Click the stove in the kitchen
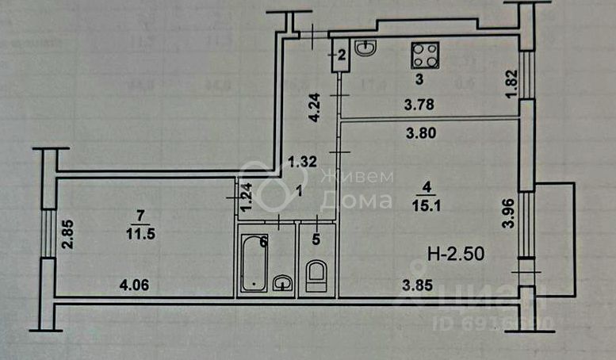pos(424,55)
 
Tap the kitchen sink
pos(365,49)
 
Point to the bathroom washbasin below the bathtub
pos(281,282)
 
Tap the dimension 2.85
pos(69,234)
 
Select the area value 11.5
pos(140,234)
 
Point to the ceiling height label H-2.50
pos(455,255)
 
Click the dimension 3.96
pos(510,214)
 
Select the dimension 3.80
pos(422,133)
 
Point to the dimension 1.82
pos(511,82)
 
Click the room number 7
pos(140,216)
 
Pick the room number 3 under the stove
pos(419,79)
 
